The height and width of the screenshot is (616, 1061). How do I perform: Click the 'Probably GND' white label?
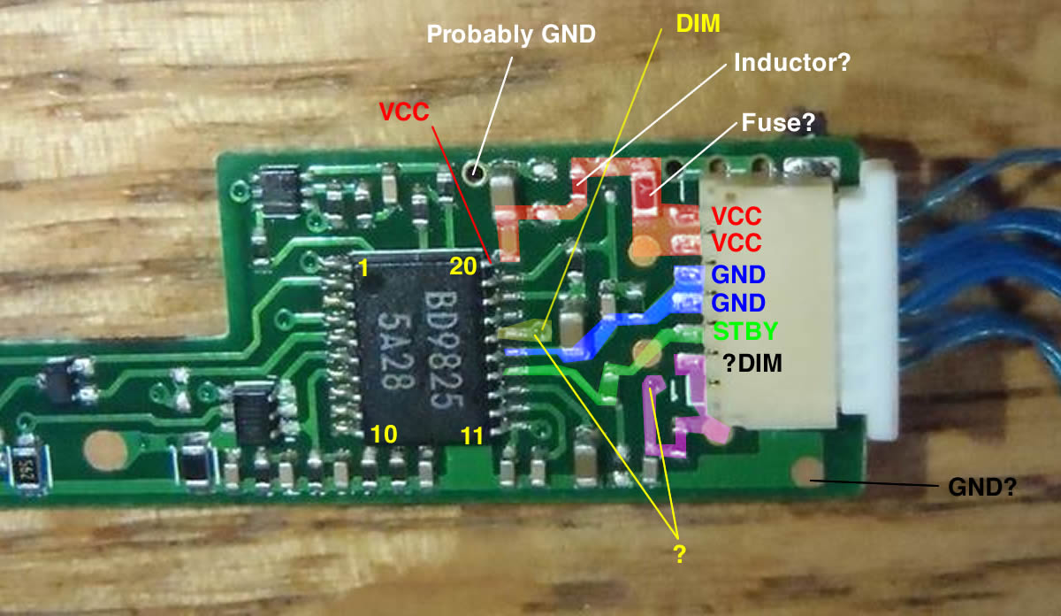point(511,35)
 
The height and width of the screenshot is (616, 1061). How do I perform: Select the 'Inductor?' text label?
point(790,64)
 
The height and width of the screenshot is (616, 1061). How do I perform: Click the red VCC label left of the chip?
point(405,112)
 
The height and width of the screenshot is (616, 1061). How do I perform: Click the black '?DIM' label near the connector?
point(752,363)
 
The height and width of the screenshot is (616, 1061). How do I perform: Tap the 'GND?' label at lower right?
point(981,486)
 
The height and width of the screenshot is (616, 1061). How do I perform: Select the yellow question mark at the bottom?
point(678,555)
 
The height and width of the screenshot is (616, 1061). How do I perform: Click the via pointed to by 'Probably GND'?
point(477,170)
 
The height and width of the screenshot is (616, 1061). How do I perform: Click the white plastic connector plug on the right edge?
point(871,301)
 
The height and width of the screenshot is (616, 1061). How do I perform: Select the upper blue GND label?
point(737,274)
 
